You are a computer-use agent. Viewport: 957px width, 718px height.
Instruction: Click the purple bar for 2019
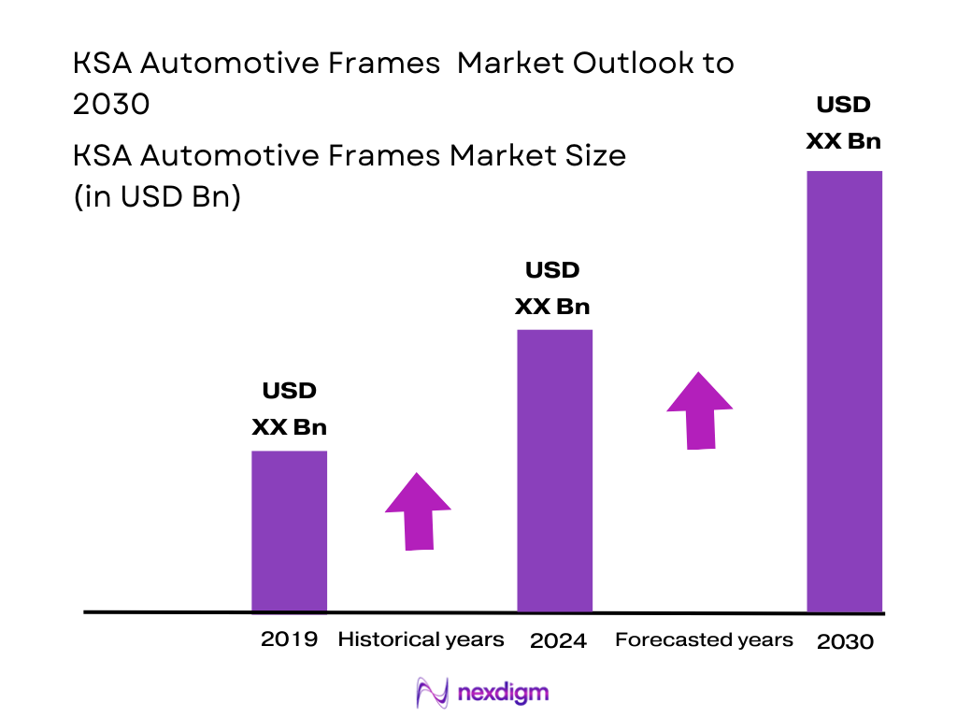click(289, 531)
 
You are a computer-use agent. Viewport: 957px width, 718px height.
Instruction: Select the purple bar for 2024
click(554, 470)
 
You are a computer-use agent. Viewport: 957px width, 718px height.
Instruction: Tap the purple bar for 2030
click(844, 391)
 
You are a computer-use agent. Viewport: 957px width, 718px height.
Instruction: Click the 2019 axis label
click(289, 640)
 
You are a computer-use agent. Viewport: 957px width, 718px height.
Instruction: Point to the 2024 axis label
click(558, 641)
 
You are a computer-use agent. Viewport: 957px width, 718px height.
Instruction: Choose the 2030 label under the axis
click(845, 642)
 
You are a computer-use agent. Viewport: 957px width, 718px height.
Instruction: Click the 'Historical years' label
click(421, 640)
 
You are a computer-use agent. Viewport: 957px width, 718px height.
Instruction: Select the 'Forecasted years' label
click(704, 640)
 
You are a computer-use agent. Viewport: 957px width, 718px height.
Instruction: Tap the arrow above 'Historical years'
click(418, 511)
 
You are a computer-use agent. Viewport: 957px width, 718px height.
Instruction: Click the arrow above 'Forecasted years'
click(699, 411)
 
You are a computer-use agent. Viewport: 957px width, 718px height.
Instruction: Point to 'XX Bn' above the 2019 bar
click(289, 427)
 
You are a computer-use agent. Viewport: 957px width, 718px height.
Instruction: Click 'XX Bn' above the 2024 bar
click(553, 307)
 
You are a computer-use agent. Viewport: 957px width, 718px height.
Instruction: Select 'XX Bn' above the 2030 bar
click(843, 141)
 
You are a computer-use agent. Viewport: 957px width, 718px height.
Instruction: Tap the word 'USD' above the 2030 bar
click(843, 105)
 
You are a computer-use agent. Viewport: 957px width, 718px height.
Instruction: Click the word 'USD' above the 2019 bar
click(289, 391)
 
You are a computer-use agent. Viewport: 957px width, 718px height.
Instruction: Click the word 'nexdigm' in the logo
click(504, 693)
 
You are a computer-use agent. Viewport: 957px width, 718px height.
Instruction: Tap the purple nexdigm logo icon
click(432, 693)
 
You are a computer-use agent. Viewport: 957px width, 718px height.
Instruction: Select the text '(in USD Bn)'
click(157, 198)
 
